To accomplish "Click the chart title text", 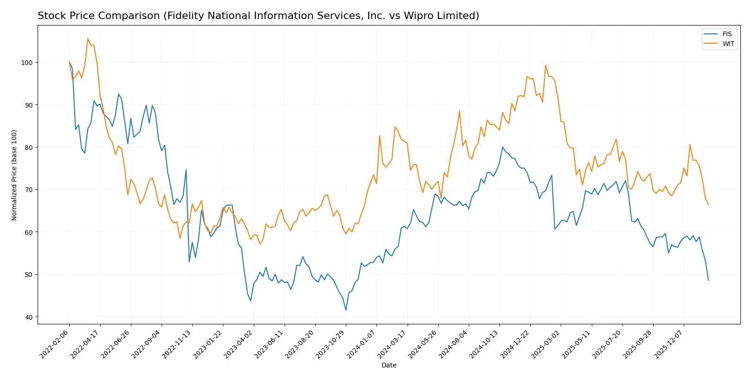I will pyautogui.click(x=258, y=16).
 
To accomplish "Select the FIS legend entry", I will pyautogui.click(x=726, y=34).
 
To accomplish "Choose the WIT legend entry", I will pyautogui.click(x=728, y=44).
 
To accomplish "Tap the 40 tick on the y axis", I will pyautogui.click(x=28, y=317).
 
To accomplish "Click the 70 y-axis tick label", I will pyautogui.click(x=28, y=190).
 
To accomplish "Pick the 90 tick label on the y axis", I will pyautogui.click(x=28, y=105).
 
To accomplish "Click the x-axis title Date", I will pyautogui.click(x=389, y=366).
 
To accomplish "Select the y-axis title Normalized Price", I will pyautogui.click(x=14, y=175).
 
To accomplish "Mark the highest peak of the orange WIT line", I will pyautogui.click(x=88, y=39).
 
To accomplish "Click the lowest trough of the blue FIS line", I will pyautogui.click(x=346, y=310).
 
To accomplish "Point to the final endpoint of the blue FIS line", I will pyautogui.click(x=708, y=280).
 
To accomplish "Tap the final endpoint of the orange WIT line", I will pyautogui.click(x=708, y=205).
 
